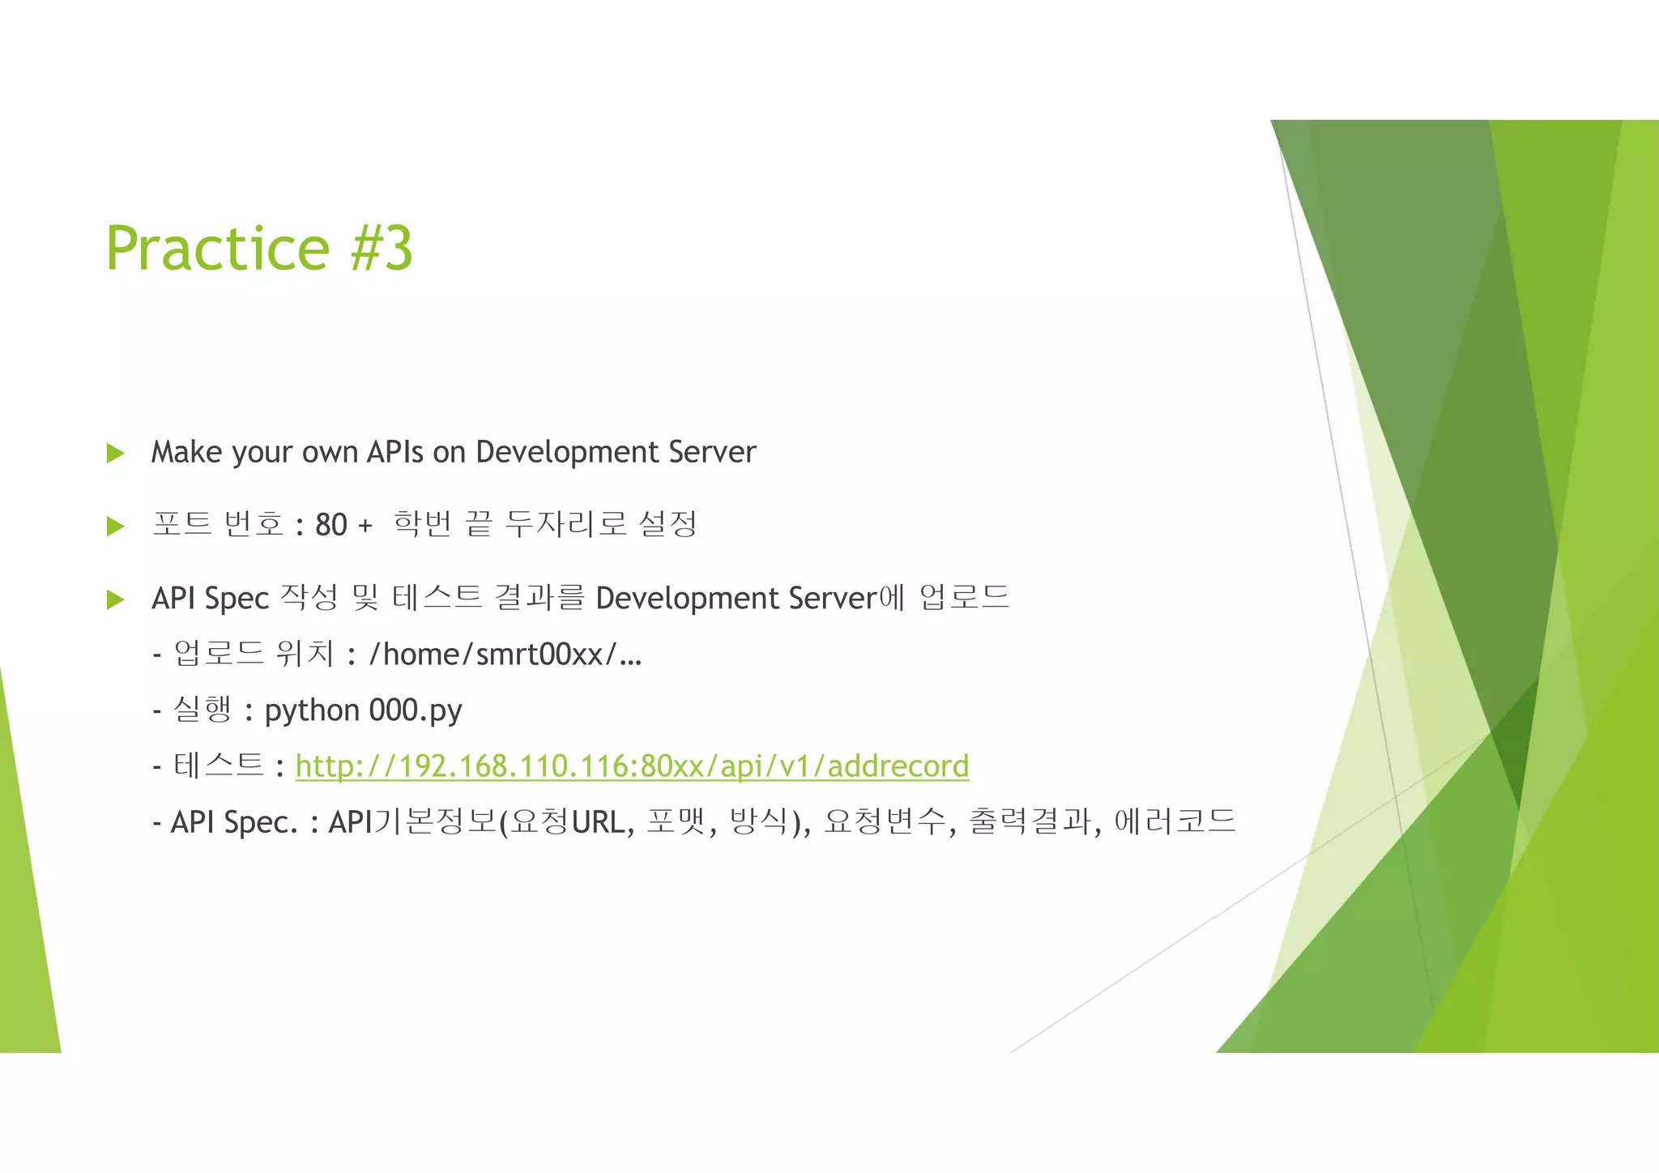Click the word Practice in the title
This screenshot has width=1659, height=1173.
(x=217, y=248)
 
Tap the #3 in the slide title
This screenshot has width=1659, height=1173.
(x=382, y=248)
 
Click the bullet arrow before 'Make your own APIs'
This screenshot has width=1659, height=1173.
(x=115, y=453)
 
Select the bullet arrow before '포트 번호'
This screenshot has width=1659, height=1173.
(x=115, y=527)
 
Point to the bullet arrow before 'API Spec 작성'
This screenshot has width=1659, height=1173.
(x=115, y=599)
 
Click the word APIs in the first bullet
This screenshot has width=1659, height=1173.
(x=394, y=452)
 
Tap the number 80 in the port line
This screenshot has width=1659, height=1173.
(x=331, y=525)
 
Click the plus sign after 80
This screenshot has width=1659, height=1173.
(x=365, y=526)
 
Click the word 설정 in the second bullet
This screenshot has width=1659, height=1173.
(x=667, y=524)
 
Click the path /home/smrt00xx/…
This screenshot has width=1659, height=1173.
(x=505, y=654)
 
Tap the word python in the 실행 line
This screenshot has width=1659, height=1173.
(x=312, y=711)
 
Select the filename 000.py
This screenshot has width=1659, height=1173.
(x=416, y=710)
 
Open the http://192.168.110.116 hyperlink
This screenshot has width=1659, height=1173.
(x=632, y=766)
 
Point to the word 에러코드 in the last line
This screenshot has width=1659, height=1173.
(x=1175, y=821)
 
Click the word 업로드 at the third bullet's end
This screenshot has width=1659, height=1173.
(x=964, y=598)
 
